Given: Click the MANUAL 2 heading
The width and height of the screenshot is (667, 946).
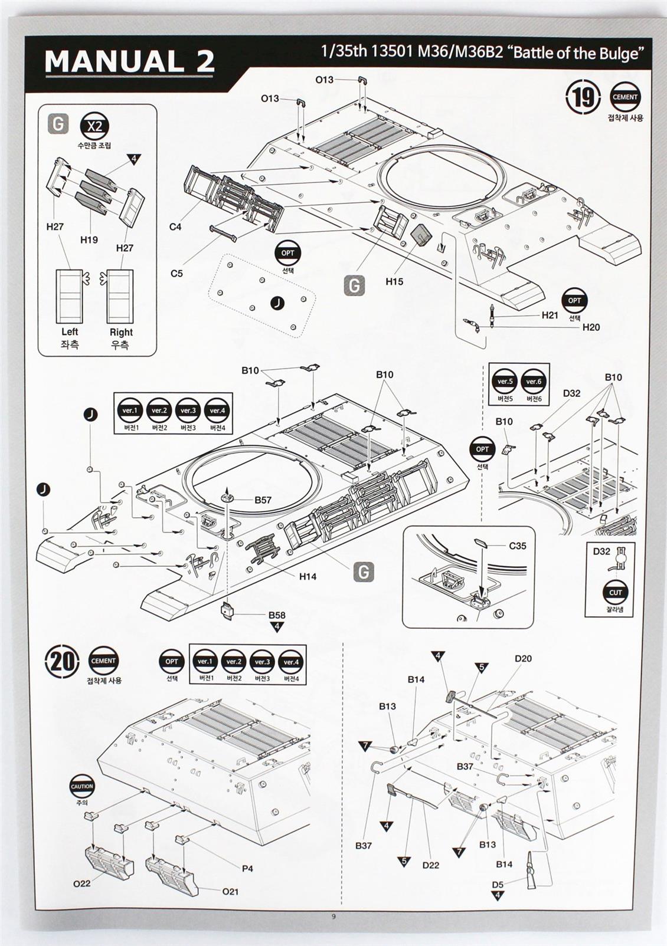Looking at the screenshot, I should (129, 62).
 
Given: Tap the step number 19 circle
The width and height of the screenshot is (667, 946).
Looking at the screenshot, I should (583, 97).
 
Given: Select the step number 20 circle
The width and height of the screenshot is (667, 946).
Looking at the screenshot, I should (62, 661).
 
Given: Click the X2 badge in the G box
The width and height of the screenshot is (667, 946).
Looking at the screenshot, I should (94, 126).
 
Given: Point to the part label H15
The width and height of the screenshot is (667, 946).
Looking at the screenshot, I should (394, 281).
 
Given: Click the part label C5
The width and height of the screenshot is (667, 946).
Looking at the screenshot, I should (176, 274).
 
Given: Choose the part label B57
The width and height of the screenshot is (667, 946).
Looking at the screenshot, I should (263, 500).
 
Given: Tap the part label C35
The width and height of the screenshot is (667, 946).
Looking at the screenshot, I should (518, 546).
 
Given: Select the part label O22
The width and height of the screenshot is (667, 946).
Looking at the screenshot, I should (82, 883).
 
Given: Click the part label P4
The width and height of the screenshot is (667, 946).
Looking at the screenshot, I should (247, 868).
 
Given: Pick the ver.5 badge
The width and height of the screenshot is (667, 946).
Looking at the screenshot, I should (505, 382).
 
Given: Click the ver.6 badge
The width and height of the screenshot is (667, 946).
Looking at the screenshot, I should (534, 382).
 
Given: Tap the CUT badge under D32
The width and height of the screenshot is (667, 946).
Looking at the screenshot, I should (615, 593).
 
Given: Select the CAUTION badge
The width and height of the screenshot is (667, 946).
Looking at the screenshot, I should (82, 786).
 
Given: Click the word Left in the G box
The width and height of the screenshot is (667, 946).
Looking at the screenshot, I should (70, 332).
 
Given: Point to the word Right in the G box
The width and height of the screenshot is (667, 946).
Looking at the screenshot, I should (121, 332).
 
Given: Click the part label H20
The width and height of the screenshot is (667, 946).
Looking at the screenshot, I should (591, 327).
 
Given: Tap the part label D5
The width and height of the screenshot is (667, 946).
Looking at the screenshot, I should (498, 884).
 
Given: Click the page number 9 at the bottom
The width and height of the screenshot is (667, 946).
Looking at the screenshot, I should (333, 917).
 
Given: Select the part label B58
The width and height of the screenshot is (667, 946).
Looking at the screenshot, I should (277, 615).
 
